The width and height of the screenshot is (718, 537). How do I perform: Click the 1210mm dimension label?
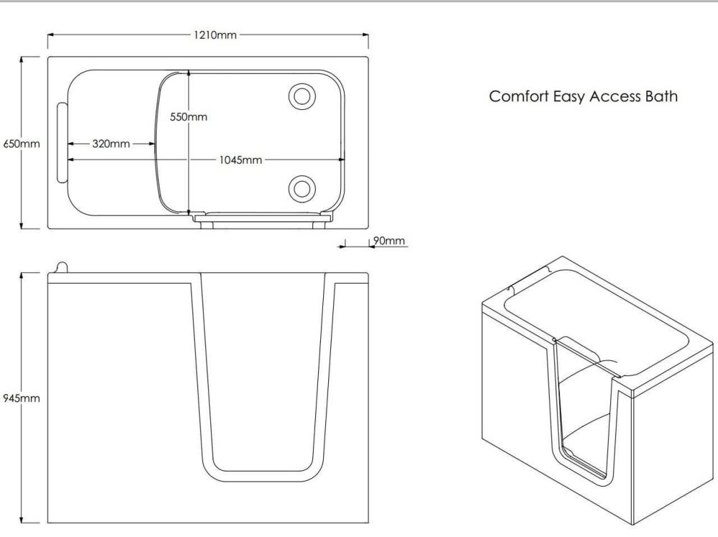(215, 34)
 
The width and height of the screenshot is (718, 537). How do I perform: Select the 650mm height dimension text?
(22, 144)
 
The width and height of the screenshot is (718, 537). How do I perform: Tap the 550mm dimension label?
(189, 116)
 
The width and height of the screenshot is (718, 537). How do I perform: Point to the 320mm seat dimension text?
(111, 144)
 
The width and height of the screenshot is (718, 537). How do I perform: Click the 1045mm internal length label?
(241, 159)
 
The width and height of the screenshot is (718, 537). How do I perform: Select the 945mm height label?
(22, 398)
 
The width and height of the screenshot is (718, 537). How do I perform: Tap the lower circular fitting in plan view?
(300, 188)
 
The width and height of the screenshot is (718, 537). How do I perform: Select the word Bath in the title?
(661, 96)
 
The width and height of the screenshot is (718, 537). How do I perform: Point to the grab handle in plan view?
(60, 144)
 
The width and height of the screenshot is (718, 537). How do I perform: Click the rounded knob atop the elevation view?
(60, 267)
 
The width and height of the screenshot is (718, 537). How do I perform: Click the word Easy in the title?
(568, 96)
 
